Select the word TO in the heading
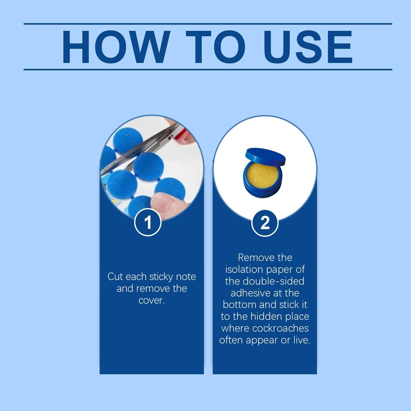click(x=216, y=47)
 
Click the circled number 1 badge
click(x=148, y=222)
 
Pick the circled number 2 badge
click(x=265, y=223)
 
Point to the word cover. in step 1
click(x=151, y=300)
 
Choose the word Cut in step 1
click(x=115, y=277)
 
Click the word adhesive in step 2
click(x=250, y=293)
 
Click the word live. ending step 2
click(x=302, y=340)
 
